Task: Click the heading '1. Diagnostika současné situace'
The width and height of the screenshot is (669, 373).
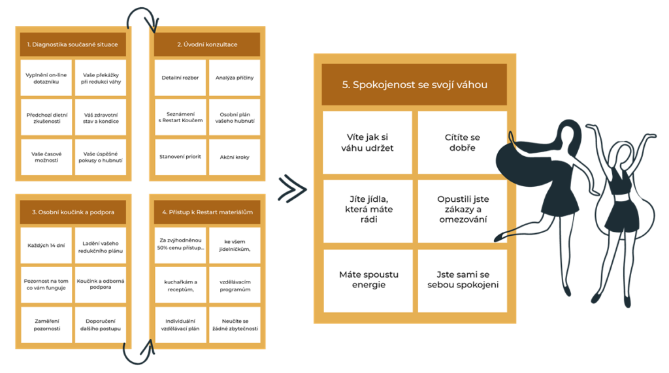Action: pos(73,44)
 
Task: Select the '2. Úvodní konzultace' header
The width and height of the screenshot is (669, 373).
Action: pos(207,44)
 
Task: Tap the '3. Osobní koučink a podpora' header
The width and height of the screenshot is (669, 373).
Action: pos(73,212)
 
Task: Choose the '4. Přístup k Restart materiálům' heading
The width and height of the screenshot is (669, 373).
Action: pos(207,212)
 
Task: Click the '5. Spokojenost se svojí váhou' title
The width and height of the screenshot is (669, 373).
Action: pos(414,85)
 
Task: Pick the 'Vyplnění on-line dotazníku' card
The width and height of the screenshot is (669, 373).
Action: pos(46,78)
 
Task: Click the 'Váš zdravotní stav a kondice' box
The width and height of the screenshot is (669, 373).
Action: pos(100,117)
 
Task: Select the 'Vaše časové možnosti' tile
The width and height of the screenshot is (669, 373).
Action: pos(46,157)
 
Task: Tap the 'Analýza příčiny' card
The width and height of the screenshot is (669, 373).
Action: pos(234,78)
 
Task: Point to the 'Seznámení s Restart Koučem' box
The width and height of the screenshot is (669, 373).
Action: pos(180,117)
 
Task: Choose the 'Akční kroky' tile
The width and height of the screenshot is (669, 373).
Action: pos(234,157)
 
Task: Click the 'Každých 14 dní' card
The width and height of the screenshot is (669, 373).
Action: pos(46,246)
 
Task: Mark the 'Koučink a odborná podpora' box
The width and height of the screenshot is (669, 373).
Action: pos(100,284)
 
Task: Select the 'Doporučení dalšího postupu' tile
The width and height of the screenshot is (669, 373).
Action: pos(100,325)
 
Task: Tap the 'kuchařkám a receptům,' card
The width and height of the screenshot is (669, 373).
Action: pos(180,284)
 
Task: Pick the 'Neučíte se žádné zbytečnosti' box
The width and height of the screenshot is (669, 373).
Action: pos(234,325)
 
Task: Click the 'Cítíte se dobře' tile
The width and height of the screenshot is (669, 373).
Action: pos(462,142)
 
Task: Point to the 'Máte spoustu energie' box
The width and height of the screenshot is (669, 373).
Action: pos(368,280)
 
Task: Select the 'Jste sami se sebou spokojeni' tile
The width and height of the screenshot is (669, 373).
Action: pos(462,280)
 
